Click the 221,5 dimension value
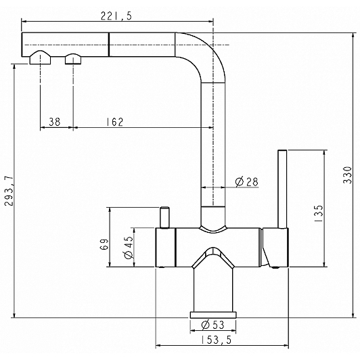pyautogui.click(x=116, y=16)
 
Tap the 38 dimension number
pyautogui.click(x=55, y=122)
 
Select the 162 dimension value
pyautogui.click(x=115, y=122)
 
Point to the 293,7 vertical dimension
pyautogui.click(x=9, y=191)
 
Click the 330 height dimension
pyautogui.click(x=347, y=175)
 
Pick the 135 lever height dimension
pyautogui.click(x=318, y=213)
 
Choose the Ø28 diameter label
pyautogui.click(x=247, y=182)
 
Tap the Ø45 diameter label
pyautogui.click(x=129, y=247)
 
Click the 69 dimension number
pyautogui.click(x=104, y=244)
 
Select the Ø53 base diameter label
pyautogui.click(x=212, y=325)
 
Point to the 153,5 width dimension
pyautogui.click(x=217, y=340)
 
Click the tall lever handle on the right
pyautogui.click(x=282, y=189)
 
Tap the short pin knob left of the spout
pyautogui.click(x=164, y=217)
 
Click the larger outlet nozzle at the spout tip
pyautogui.click(x=40, y=58)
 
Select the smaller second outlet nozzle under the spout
pyautogui.click(x=73, y=59)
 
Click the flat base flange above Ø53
pyautogui.click(x=213, y=315)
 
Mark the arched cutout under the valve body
pyautogui.click(x=213, y=257)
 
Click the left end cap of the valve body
pyautogui.click(x=166, y=248)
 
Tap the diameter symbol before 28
pyautogui.click(x=240, y=182)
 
